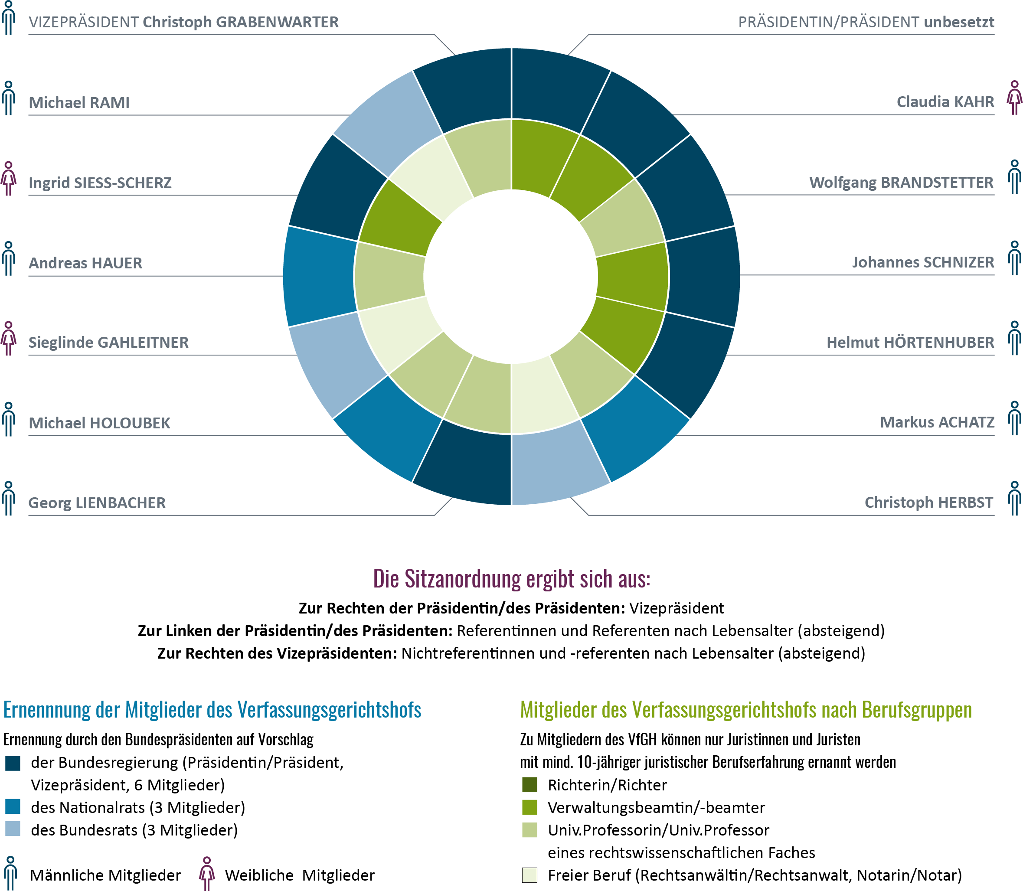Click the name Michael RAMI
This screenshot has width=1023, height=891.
coord(79,102)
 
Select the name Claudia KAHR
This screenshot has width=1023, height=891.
coord(945,102)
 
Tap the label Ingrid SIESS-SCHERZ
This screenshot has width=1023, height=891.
coord(100,183)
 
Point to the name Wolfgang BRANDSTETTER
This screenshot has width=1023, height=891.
coord(901,183)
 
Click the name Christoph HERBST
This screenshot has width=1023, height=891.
coord(928,502)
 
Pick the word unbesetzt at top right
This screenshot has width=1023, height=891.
coord(959,22)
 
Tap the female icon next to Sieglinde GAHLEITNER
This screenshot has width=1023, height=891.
coord(8,338)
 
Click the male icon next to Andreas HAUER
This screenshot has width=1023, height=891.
coord(8,258)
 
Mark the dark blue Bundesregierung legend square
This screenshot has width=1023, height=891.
coord(13,763)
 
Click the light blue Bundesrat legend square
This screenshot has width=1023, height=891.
coord(13,829)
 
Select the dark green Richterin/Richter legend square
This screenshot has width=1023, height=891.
coord(529,785)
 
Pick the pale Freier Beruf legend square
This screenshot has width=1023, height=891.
coord(529,875)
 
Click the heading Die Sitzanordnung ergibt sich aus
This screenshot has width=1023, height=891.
coord(512,579)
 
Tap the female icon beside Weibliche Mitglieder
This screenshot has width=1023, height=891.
coord(207,874)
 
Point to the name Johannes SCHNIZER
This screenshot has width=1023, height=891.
coord(923,262)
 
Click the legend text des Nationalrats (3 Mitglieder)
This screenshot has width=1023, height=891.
coord(138,807)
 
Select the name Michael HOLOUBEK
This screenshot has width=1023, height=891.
coord(99,423)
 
